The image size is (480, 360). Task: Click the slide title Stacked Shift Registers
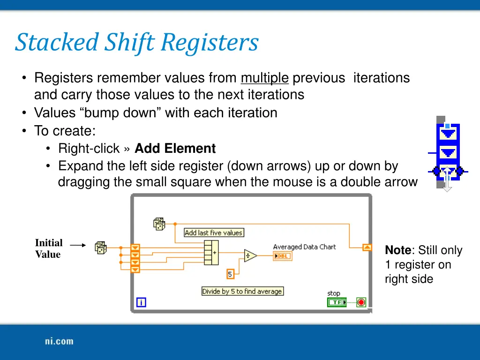click(136, 42)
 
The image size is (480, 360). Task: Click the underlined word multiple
click(264, 78)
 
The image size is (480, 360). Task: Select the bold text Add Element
click(175, 149)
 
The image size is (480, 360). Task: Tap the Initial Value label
click(48, 248)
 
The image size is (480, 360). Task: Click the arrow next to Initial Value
click(78, 245)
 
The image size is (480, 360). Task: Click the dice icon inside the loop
click(159, 224)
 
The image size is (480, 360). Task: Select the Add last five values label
click(213, 232)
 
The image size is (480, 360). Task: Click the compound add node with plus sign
click(211, 253)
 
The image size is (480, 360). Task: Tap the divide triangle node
click(250, 255)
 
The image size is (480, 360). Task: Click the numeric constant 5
click(230, 274)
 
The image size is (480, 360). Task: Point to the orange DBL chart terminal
click(282, 256)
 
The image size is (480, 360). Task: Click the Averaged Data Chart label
click(304, 247)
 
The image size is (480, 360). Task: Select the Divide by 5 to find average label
click(242, 291)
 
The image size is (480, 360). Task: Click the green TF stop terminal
click(336, 302)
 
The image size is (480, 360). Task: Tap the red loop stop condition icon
click(361, 302)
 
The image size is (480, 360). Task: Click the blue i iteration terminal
click(141, 302)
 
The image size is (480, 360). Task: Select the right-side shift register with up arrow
click(367, 247)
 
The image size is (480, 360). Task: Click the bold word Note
click(398, 250)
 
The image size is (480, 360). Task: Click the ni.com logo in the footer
click(59, 341)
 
